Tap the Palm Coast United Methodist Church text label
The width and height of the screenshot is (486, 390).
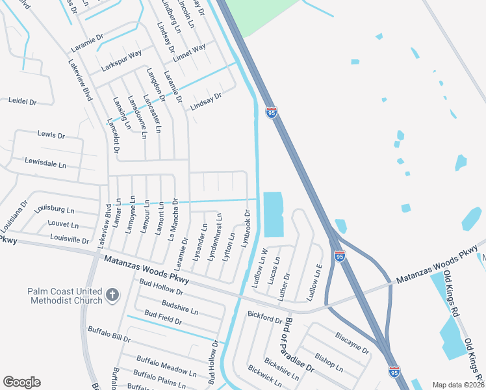tap(65, 296)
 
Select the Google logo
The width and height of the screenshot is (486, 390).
tap(21, 382)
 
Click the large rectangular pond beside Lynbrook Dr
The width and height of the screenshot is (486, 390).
tap(273, 214)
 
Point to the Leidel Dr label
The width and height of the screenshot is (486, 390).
tap(22, 101)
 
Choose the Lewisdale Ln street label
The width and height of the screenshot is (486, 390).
tap(45, 162)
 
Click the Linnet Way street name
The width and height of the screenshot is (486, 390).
tap(190, 49)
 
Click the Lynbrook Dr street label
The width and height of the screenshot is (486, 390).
tap(246, 227)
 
